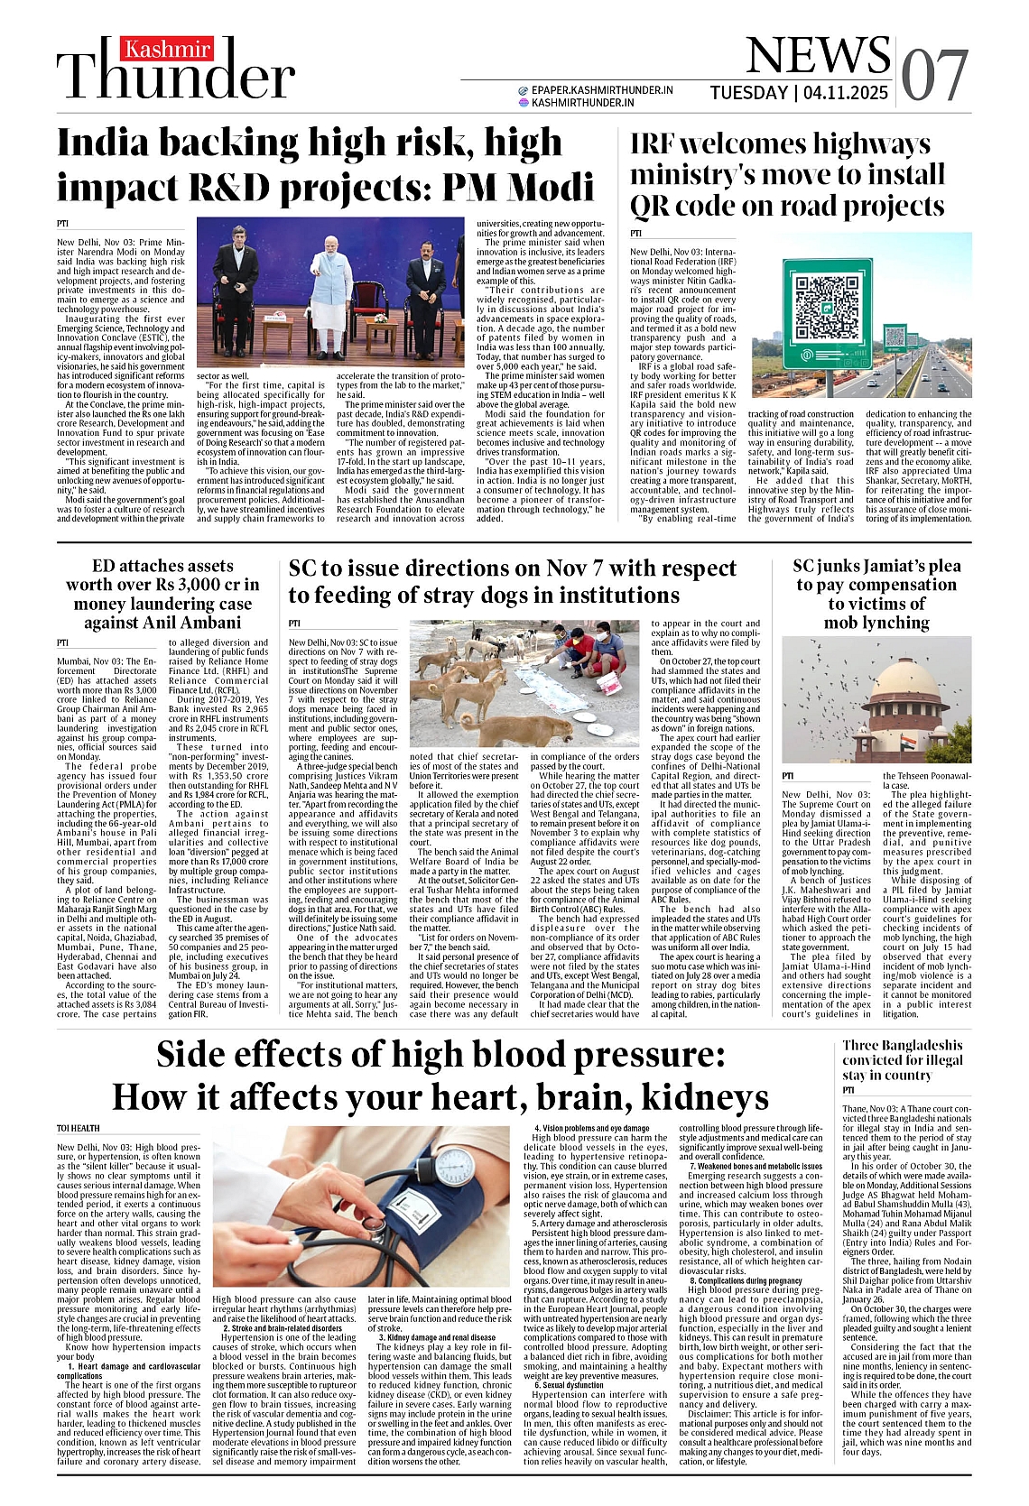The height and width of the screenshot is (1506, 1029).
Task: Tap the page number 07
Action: point(935,76)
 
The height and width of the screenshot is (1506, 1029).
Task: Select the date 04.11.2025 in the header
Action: point(846,94)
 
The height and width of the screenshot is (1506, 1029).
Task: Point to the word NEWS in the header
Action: point(818,56)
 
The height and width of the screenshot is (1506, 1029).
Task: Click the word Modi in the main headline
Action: point(552,187)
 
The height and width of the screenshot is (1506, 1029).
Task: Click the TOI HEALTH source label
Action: point(79,1128)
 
